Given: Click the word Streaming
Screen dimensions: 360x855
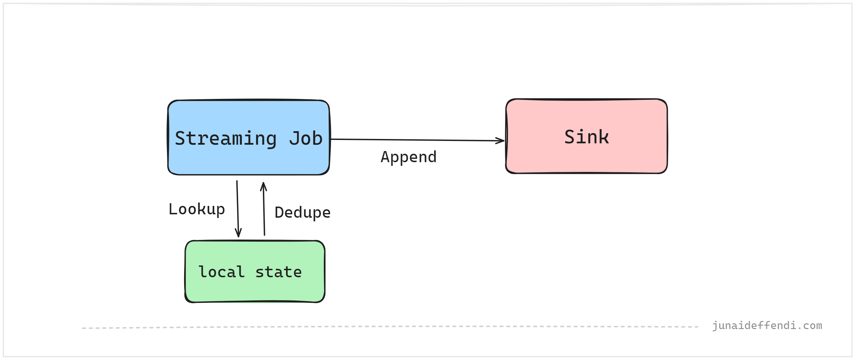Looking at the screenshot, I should tap(226, 138).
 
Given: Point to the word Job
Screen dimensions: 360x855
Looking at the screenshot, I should tap(306, 138).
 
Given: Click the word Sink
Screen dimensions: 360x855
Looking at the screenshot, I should tap(586, 137).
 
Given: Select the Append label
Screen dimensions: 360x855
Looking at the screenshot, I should tap(408, 157).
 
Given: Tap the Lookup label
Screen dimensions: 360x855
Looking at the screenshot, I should tap(197, 209).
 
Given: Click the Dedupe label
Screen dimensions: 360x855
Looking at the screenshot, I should tap(302, 213).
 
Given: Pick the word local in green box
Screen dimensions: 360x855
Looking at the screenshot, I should tap(221, 272).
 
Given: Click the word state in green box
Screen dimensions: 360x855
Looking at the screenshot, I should tap(278, 272).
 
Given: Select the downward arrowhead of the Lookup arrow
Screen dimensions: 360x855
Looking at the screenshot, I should tap(238, 233).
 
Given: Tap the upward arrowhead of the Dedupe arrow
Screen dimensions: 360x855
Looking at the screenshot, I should tap(264, 186).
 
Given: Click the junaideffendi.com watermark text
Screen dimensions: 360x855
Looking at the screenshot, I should tap(767, 325).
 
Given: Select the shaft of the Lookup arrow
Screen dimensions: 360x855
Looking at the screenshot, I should tap(238, 205).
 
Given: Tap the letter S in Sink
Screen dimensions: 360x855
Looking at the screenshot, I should tap(569, 137).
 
